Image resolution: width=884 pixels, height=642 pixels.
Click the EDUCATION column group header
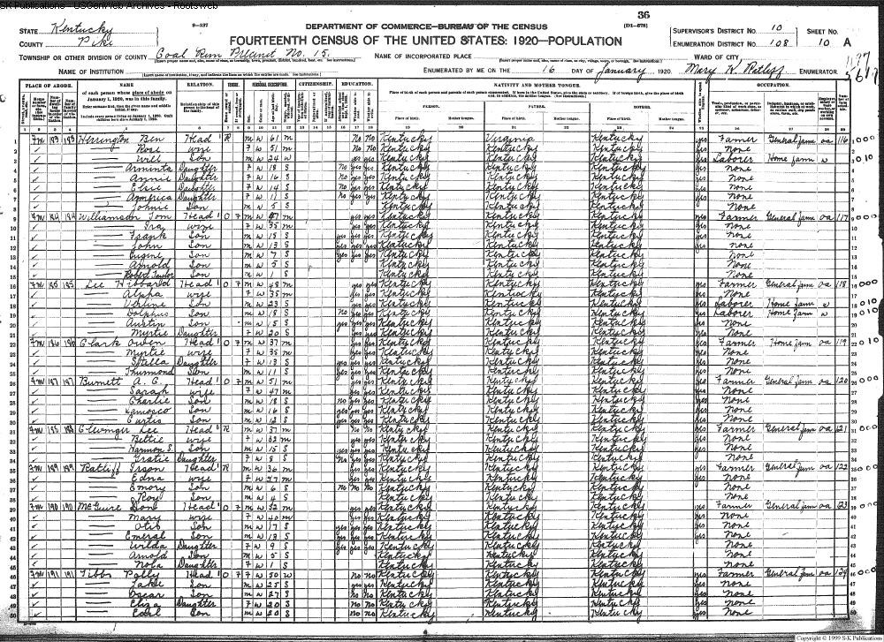pos(353,83)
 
